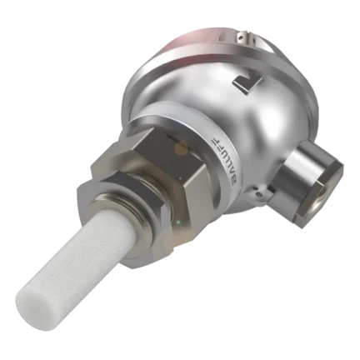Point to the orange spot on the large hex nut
click(181, 148)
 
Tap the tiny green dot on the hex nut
click(178, 222)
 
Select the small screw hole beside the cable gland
click(259, 195)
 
